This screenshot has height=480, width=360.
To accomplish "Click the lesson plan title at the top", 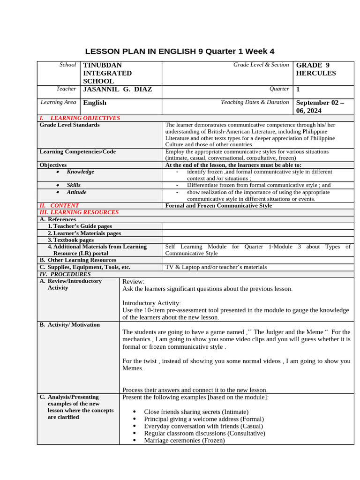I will pos(180,51).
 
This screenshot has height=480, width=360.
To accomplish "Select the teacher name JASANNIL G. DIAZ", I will pos(117,89).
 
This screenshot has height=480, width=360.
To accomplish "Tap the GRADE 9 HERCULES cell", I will pos(316,69).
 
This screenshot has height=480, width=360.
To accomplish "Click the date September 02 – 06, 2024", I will pos(320,106).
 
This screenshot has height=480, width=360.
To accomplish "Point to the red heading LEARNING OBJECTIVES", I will pos(85,118).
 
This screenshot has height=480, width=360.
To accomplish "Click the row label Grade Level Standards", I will pos(69,125).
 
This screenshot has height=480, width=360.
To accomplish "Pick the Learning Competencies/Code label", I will pos(77,152).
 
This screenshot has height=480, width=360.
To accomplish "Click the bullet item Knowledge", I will pos(80,172).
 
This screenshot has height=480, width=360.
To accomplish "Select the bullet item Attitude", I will pos(76,192).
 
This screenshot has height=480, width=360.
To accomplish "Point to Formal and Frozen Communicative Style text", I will pos(218,206).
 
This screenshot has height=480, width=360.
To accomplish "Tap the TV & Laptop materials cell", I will pos(216,267).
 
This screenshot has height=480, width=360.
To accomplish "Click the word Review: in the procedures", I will pos(134,282).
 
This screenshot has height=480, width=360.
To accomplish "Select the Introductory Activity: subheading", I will pos(151,303).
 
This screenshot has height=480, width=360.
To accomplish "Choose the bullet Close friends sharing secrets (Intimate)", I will pos(197,412).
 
